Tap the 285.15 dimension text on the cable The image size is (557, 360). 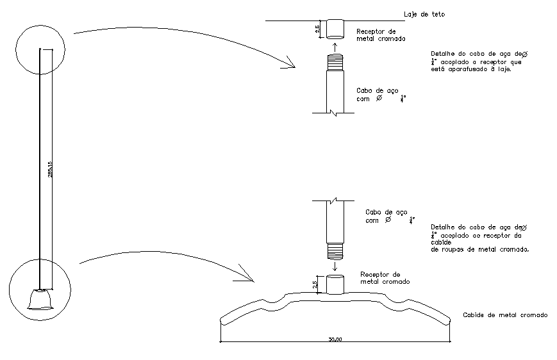click(x=50, y=169)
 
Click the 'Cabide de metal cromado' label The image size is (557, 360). click(x=504, y=315)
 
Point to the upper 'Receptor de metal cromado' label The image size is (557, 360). click(x=380, y=35)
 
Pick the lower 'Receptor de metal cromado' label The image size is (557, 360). click(x=385, y=277)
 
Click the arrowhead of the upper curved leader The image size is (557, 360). click(x=292, y=65)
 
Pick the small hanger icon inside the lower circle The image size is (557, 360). click(x=39, y=300)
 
